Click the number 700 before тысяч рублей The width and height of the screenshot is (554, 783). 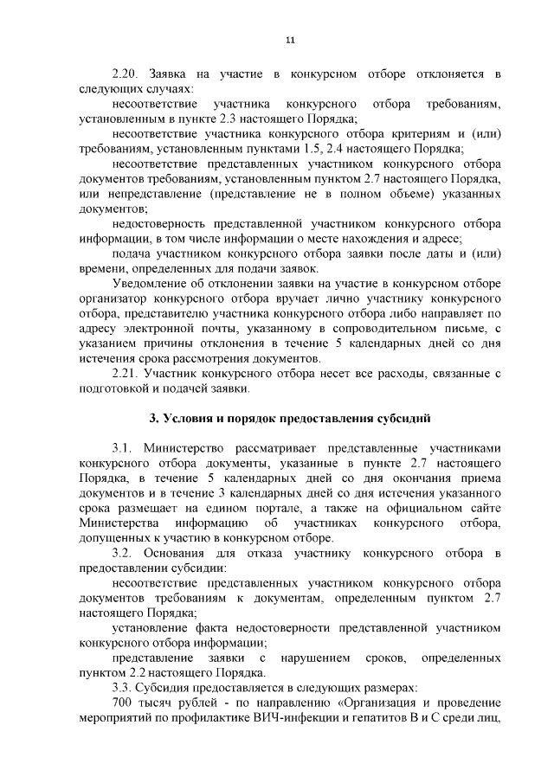pos(124,703)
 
